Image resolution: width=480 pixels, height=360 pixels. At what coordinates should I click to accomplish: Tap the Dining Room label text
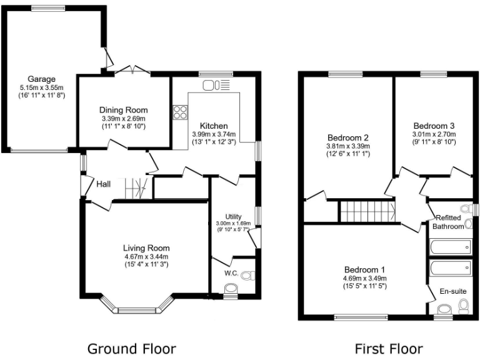[x=124, y=110]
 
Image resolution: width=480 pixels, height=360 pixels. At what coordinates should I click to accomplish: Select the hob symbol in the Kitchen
[x=180, y=112]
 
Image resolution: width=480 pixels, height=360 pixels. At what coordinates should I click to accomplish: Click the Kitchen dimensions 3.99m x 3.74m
[x=213, y=134]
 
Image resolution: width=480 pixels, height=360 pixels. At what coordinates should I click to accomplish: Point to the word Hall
[x=103, y=184]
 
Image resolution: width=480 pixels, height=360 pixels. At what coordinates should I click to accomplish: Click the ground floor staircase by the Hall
[x=134, y=188]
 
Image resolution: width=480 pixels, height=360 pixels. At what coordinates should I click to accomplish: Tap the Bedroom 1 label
[x=364, y=269]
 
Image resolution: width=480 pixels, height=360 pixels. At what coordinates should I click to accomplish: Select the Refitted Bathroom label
[x=449, y=222]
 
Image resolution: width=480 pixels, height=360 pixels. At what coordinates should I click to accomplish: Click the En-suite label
[x=452, y=291]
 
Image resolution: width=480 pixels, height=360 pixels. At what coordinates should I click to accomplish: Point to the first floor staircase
[x=367, y=211]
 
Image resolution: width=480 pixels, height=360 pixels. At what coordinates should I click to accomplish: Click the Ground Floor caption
[x=131, y=348]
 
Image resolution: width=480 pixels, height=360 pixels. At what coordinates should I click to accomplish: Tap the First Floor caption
[x=389, y=348]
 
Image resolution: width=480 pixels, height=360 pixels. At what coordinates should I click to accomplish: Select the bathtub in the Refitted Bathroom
[x=451, y=248]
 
